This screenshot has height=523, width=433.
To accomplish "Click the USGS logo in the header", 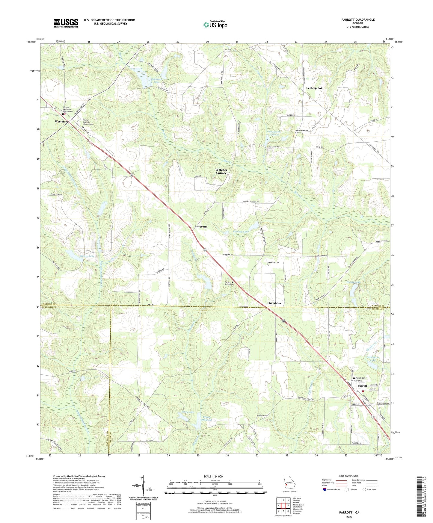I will pyautogui.click(x=66, y=23).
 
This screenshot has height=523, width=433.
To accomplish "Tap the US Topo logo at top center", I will pyautogui.click(x=215, y=24).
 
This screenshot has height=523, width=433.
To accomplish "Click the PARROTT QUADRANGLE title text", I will pyautogui.click(x=358, y=20).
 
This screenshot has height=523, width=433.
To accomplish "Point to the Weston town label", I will pyautogui.click(x=60, y=122).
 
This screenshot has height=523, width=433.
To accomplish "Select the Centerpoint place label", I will pyautogui.click(x=314, y=88).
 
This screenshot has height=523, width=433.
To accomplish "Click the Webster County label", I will pyautogui.click(x=221, y=171).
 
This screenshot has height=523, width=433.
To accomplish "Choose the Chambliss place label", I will pyautogui.click(x=274, y=303).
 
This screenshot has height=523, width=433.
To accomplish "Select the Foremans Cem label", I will pyautogui.click(x=273, y=263).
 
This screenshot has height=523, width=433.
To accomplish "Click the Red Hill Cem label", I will pyautogui.click(x=261, y=416).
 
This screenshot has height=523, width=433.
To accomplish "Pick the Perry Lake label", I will pyautogui.click(x=187, y=412).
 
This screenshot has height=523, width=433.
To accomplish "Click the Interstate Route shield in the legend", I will pyautogui.click(x=325, y=489).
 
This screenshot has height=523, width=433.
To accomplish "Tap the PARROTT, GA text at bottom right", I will pyautogui.click(x=349, y=513).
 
